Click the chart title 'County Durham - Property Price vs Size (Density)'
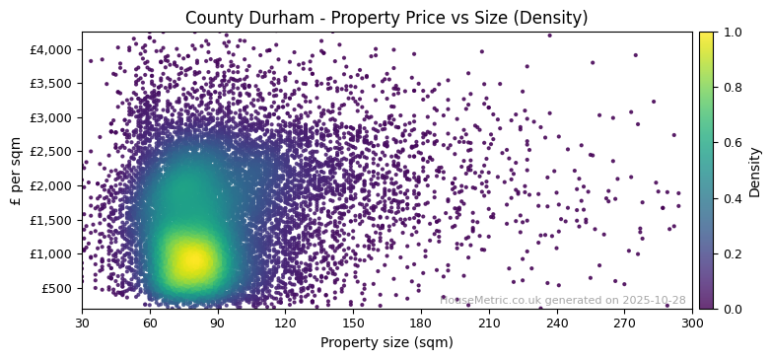coord(386,18)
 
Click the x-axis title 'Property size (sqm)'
coord(386,342)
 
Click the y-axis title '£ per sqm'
coord(15,171)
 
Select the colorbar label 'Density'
coord(755,171)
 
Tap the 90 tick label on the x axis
coord(218,322)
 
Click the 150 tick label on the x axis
coord(353,322)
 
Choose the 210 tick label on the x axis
coord(489,322)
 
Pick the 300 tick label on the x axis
coord(692,322)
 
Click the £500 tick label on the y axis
coord(57,288)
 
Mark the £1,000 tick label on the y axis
coord(52,253)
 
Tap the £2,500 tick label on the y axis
coord(52,152)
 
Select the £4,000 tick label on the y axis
coord(52,49)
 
